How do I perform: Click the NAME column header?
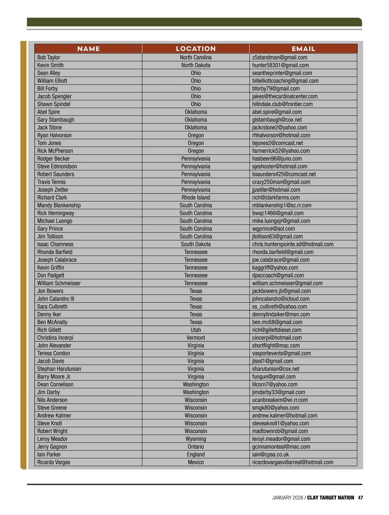click(x=88, y=49)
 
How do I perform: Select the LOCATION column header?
click(x=196, y=49)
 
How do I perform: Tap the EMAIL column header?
click(x=303, y=49)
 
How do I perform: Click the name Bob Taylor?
click(x=49, y=57)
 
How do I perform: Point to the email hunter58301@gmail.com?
click(x=280, y=65)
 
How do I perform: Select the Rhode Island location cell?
click(x=196, y=198)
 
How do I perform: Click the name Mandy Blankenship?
click(x=59, y=205)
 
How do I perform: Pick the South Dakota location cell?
click(x=196, y=244)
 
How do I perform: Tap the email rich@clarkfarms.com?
click(x=276, y=198)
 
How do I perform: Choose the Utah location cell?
click(x=196, y=330)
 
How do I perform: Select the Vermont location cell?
click(x=196, y=338)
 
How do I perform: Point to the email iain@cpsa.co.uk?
click(x=270, y=454)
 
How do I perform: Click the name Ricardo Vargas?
click(x=53, y=462)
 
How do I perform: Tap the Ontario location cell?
click(x=196, y=447)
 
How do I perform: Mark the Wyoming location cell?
click(x=196, y=439)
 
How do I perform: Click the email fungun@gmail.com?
click(x=274, y=377)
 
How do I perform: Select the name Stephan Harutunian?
click(x=59, y=369)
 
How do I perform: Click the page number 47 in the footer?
click(x=360, y=497)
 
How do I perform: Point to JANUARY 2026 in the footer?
click(x=288, y=497)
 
